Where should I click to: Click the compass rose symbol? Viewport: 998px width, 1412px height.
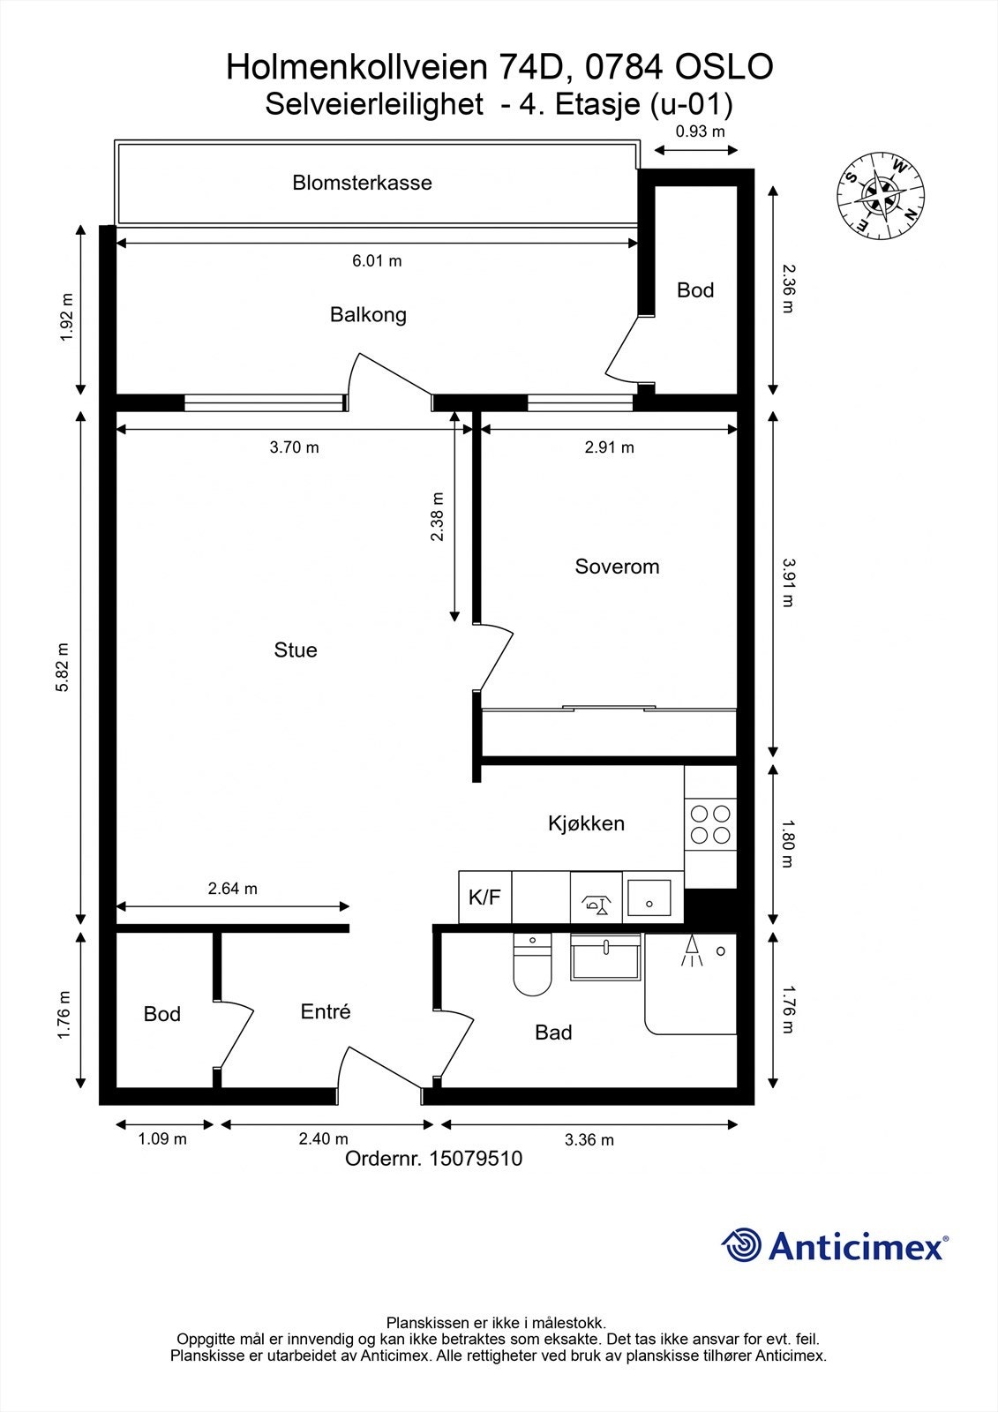coord(882,195)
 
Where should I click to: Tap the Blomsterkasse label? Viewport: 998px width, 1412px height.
coord(362,184)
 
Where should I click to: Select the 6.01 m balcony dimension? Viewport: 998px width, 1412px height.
coord(377,260)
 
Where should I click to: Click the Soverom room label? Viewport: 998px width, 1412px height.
coord(617,567)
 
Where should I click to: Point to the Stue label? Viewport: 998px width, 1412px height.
coord(296,650)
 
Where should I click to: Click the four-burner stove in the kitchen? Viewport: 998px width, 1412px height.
coord(710,824)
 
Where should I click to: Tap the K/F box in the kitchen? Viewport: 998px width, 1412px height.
coord(484,898)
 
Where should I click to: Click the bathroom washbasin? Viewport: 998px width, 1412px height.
coord(606,958)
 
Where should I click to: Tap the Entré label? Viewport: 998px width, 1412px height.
coord(326,1012)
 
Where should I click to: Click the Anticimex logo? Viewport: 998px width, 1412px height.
coord(835,1245)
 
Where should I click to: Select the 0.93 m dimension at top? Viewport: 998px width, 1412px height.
coord(700,132)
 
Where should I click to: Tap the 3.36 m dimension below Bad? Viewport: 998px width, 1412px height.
coord(589,1139)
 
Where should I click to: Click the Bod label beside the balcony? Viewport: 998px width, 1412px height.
coord(695,290)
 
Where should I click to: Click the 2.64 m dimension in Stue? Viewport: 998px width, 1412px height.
coord(233,889)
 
